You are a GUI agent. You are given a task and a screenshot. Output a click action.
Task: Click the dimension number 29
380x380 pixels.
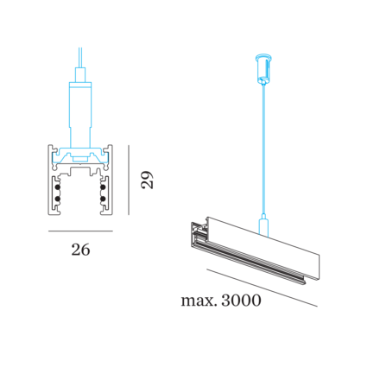(147, 180)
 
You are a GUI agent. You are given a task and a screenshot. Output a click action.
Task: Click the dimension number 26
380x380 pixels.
(80, 250)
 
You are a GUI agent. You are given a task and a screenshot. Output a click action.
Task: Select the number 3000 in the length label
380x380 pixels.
(241, 301)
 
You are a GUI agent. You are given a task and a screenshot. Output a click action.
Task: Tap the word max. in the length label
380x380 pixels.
(199, 301)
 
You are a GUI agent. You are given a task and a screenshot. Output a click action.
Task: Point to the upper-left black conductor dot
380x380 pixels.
(58, 187)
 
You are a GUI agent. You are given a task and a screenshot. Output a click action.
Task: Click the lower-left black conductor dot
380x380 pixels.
(58, 199)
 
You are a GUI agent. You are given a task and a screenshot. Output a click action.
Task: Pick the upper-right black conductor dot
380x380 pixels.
(103, 187)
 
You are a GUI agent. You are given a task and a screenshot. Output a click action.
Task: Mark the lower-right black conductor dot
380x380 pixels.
(103, 199)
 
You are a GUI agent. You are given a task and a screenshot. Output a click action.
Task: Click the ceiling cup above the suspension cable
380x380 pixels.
(264, 67)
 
